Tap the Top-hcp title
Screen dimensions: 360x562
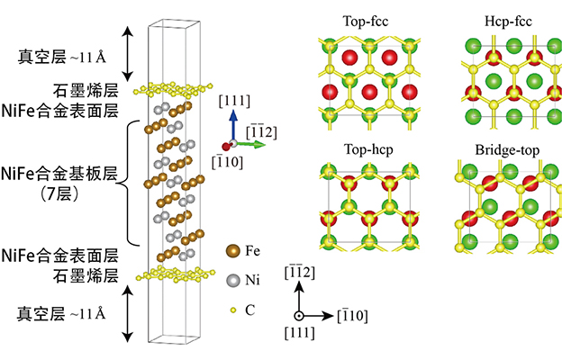coord(369,148)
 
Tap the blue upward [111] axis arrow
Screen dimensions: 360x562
coord(232,126)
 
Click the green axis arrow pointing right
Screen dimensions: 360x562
coord(249,143)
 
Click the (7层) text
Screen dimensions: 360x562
coord(56,190)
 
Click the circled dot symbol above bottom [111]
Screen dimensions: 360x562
coord(300,316)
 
